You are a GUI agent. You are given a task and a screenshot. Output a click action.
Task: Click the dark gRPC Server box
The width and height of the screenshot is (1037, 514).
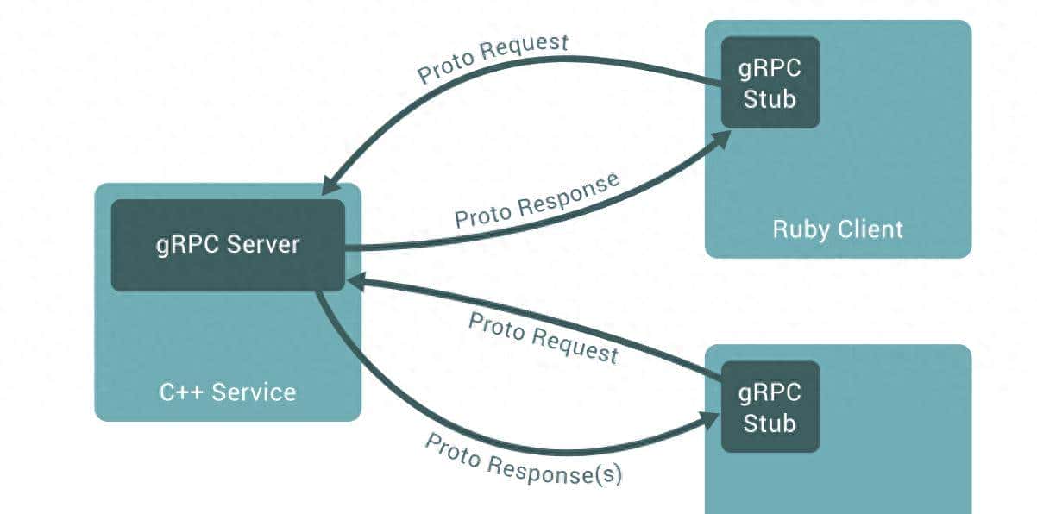[228, 245]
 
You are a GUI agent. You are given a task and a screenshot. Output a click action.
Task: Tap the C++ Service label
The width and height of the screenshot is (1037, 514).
[228, 392]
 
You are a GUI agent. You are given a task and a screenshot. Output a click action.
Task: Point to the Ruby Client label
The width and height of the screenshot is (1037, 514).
[838, 229]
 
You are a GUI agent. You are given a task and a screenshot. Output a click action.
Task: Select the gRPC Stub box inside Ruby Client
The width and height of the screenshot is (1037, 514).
[770, 83]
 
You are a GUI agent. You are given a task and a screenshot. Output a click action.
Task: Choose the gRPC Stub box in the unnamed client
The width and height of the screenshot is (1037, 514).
[770, 407]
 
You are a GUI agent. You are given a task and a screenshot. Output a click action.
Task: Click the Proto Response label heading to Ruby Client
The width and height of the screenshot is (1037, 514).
[537, 200]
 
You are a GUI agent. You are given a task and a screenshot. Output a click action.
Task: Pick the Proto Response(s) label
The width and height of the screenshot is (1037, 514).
[524, 458]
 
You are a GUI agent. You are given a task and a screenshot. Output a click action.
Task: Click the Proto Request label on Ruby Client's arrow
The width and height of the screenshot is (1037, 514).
[493, 58]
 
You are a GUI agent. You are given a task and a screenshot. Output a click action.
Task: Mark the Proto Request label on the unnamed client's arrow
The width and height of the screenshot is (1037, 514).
[544, 337]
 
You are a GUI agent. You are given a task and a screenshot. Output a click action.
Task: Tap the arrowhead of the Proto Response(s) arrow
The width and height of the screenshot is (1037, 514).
[712, 420]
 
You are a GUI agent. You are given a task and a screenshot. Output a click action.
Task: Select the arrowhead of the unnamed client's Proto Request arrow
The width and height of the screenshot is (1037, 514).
[353, 280]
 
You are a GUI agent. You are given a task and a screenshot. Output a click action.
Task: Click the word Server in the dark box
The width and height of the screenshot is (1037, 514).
[263, 245]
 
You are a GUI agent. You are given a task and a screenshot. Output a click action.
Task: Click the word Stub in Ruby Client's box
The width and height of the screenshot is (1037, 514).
[770, 98]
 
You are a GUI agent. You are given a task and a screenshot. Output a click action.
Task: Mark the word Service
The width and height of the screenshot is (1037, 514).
[254, 392]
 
